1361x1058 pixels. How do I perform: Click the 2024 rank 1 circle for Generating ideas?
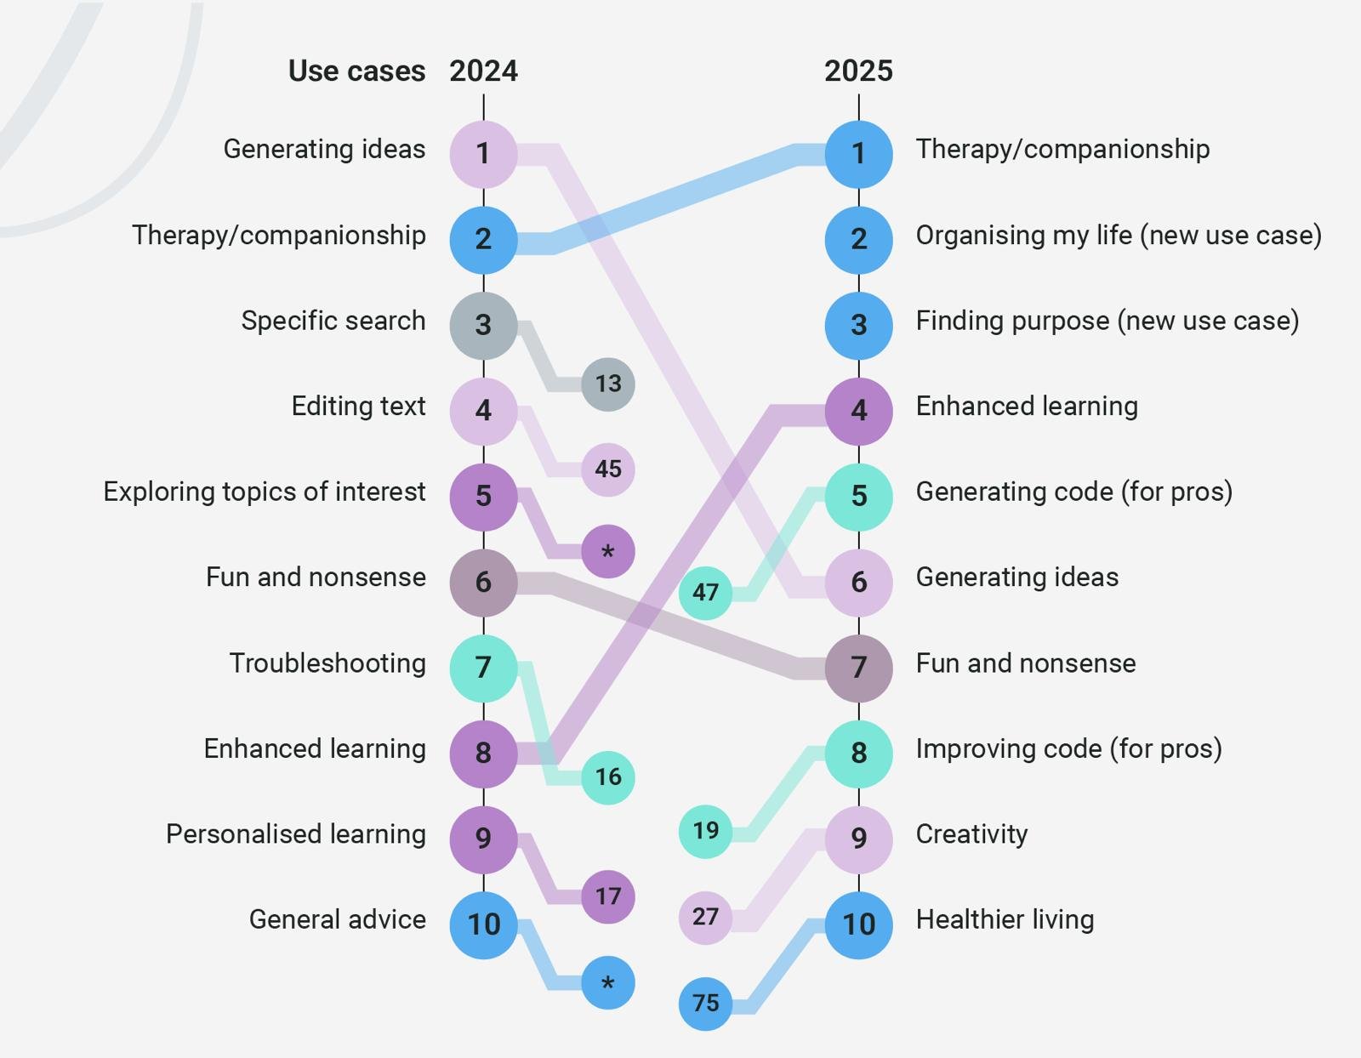(483, 154)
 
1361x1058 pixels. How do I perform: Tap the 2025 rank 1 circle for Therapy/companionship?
(858, 154)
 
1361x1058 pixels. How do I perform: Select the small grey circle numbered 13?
(607, 384)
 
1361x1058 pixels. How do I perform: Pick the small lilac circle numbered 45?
(607, 469)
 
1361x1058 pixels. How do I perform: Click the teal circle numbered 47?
(705, 593)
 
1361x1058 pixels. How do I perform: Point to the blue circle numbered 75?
(705, 1004)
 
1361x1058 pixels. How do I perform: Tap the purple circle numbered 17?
(607, 896)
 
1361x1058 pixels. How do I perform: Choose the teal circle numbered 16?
(607, 777)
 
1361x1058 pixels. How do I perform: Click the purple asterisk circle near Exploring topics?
(607, 552)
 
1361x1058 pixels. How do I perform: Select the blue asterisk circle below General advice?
(607, 983)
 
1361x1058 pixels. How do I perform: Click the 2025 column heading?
(858, 71)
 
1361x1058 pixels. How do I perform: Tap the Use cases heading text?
(356, 71)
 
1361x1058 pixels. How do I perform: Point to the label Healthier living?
(1005, 919)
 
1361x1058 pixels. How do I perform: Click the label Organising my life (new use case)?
(1119, 236)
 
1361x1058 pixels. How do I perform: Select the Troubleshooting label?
(327, 663)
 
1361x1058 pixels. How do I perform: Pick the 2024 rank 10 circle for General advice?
(483, 924)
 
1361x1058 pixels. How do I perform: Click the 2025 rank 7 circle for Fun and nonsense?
(858, 668)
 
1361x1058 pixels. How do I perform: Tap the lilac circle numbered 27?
(705, 917)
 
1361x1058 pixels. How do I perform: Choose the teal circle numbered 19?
(705, 831)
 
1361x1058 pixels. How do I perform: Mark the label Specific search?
(333, 321)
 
